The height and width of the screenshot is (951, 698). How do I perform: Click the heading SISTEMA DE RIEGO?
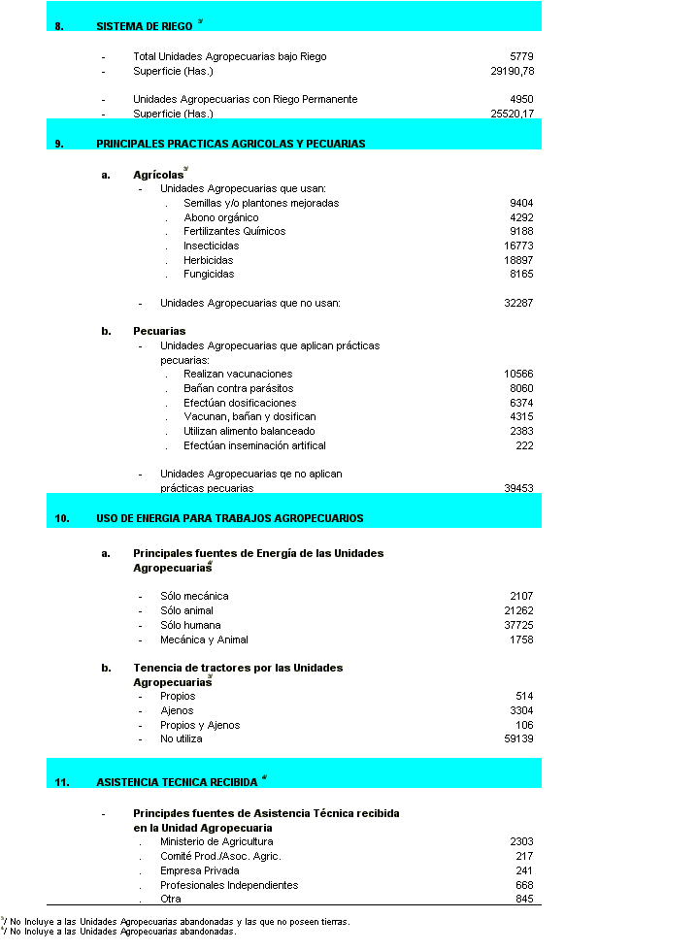pos(145,27)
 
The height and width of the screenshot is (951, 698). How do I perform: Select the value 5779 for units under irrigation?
pos(521,57)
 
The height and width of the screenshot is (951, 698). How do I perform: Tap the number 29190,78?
pos(513,72)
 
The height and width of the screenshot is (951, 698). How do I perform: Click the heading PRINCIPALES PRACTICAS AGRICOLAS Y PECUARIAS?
pos(231,144)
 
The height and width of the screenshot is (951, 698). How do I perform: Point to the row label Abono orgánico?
pos(221,217)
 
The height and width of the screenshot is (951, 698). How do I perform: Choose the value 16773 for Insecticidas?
pos(518,246)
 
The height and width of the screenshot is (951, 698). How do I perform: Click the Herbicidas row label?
pos(209,260)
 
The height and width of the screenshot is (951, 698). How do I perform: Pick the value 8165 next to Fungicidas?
pos(521,275)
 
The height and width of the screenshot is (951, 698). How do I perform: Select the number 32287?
pos(518,304)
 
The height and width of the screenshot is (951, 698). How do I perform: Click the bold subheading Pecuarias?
pos(159,332)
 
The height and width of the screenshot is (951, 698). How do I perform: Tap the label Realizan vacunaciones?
pos(238,375)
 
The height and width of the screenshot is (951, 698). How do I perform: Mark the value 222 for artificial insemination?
pos(524,446)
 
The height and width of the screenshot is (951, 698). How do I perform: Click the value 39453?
pos(518,489)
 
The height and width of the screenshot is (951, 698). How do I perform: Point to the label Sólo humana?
pos(192,626)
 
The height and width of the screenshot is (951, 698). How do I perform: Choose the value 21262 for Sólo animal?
pos(518,611)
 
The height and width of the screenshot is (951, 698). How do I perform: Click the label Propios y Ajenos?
pos(200,726)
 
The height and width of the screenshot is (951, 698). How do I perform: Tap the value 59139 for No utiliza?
pos(518,739)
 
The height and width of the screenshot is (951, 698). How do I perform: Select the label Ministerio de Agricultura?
pos(216,842)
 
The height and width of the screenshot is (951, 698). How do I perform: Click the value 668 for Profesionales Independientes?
pos(524,885)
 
